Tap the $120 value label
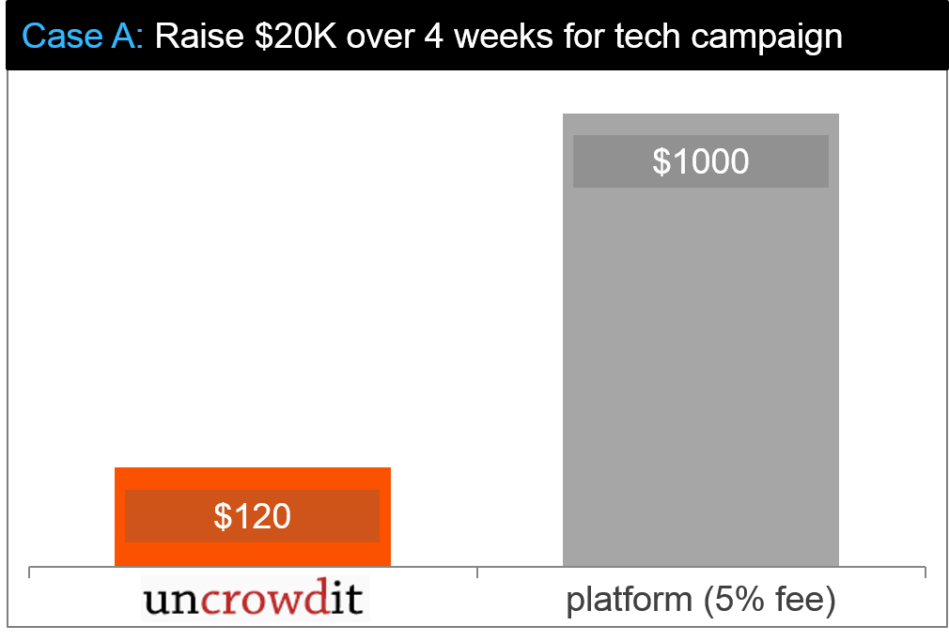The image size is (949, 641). tap(252, 516)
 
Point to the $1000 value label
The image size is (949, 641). tap(701, 161)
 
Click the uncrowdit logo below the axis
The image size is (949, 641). tap(256, 598)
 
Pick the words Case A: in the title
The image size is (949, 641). tap(83, 37)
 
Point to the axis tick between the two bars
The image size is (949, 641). tap(477, 572)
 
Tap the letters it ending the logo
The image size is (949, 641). tap(347, 598)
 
